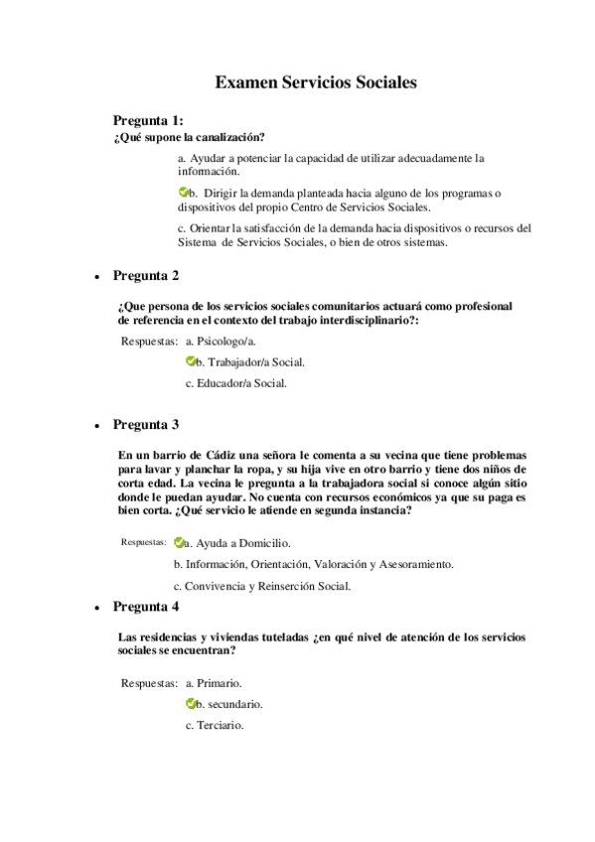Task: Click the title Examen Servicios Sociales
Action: pos(315,82)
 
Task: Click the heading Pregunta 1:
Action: pos(148,120)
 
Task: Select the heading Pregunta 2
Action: pos(145,275)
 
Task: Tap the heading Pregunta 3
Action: pos(145,425)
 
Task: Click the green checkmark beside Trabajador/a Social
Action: pos(192,362)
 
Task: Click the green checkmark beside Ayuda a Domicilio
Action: pos(179,543)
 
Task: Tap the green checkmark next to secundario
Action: pos(192,704)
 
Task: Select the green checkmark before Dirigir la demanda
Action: pos(184,192)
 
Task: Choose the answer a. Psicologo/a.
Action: pos(214,342)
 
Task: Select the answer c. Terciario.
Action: pos(215,725)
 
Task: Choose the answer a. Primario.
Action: pos(214,683)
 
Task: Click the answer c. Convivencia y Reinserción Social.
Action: pos(261,586)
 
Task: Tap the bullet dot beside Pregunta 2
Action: pos(96,277)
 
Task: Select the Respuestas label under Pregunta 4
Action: pos(149,683)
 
